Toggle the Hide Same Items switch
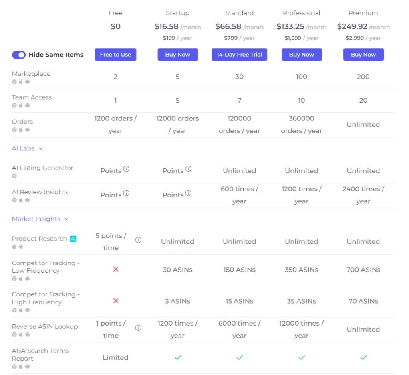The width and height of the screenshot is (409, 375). coord(19,55)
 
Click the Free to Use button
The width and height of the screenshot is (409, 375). coord(115,55)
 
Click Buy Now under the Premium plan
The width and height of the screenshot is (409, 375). coord(363,55)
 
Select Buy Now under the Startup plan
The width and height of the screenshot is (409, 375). coord(178,55)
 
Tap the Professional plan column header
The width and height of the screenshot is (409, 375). coord(301,13)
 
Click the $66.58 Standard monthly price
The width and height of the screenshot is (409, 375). coord(228,27)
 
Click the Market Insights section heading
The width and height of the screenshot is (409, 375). coord(40,219)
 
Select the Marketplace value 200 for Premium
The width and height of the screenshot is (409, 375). coord(363,77)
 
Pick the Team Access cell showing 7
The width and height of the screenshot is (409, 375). coord(239,101)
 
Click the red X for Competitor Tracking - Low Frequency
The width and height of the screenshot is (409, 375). coord(116,270)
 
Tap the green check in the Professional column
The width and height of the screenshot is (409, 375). coord(302,358)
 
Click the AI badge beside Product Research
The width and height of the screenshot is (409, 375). coord(73,239)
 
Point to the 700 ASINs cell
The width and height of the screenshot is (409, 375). coord(363,270)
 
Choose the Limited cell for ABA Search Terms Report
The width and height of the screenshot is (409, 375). coord(115,358)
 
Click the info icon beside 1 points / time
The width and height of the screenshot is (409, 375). coord(138,328)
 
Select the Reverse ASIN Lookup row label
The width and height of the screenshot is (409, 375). coord(45,326)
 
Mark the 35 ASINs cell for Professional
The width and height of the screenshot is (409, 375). coord(302,301)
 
